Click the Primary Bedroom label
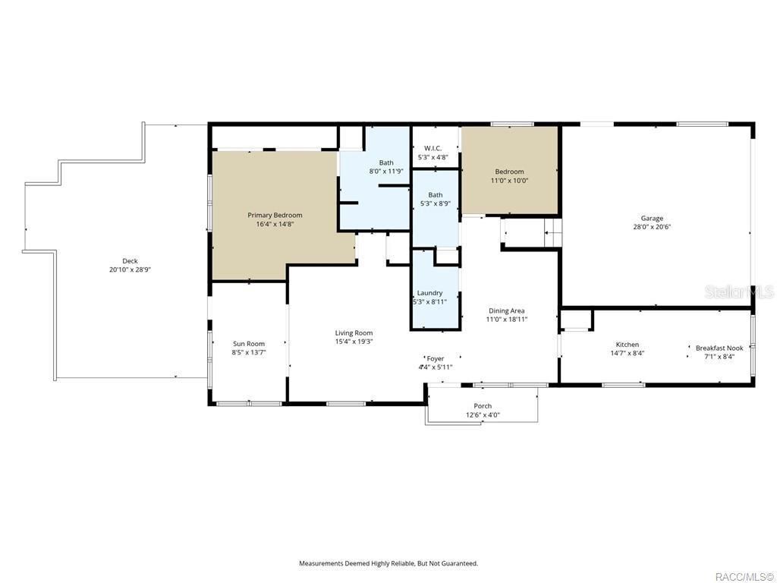click(x=275, y=215)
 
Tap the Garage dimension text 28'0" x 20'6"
click(x=652, y=227)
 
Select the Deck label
click(x=130, y=261)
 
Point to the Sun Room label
click(x=249, y=344)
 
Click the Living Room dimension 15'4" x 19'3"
click(x=354, y=342)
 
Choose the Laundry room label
click(x=429, y=293)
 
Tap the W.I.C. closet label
click(x=433, y=148)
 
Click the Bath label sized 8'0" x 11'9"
click(x=386, y=162)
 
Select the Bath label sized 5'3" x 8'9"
click(x=435, y=195)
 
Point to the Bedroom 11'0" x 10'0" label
click(x=509, y=172)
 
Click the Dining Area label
click(x=506, y=310)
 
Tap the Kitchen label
click(x=627, y=345)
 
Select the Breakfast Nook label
click(x=719, y=348)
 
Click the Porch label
click(x=483, y=406)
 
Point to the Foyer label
click(x=436, y=358)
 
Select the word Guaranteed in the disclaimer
click(x=459, y=563)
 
